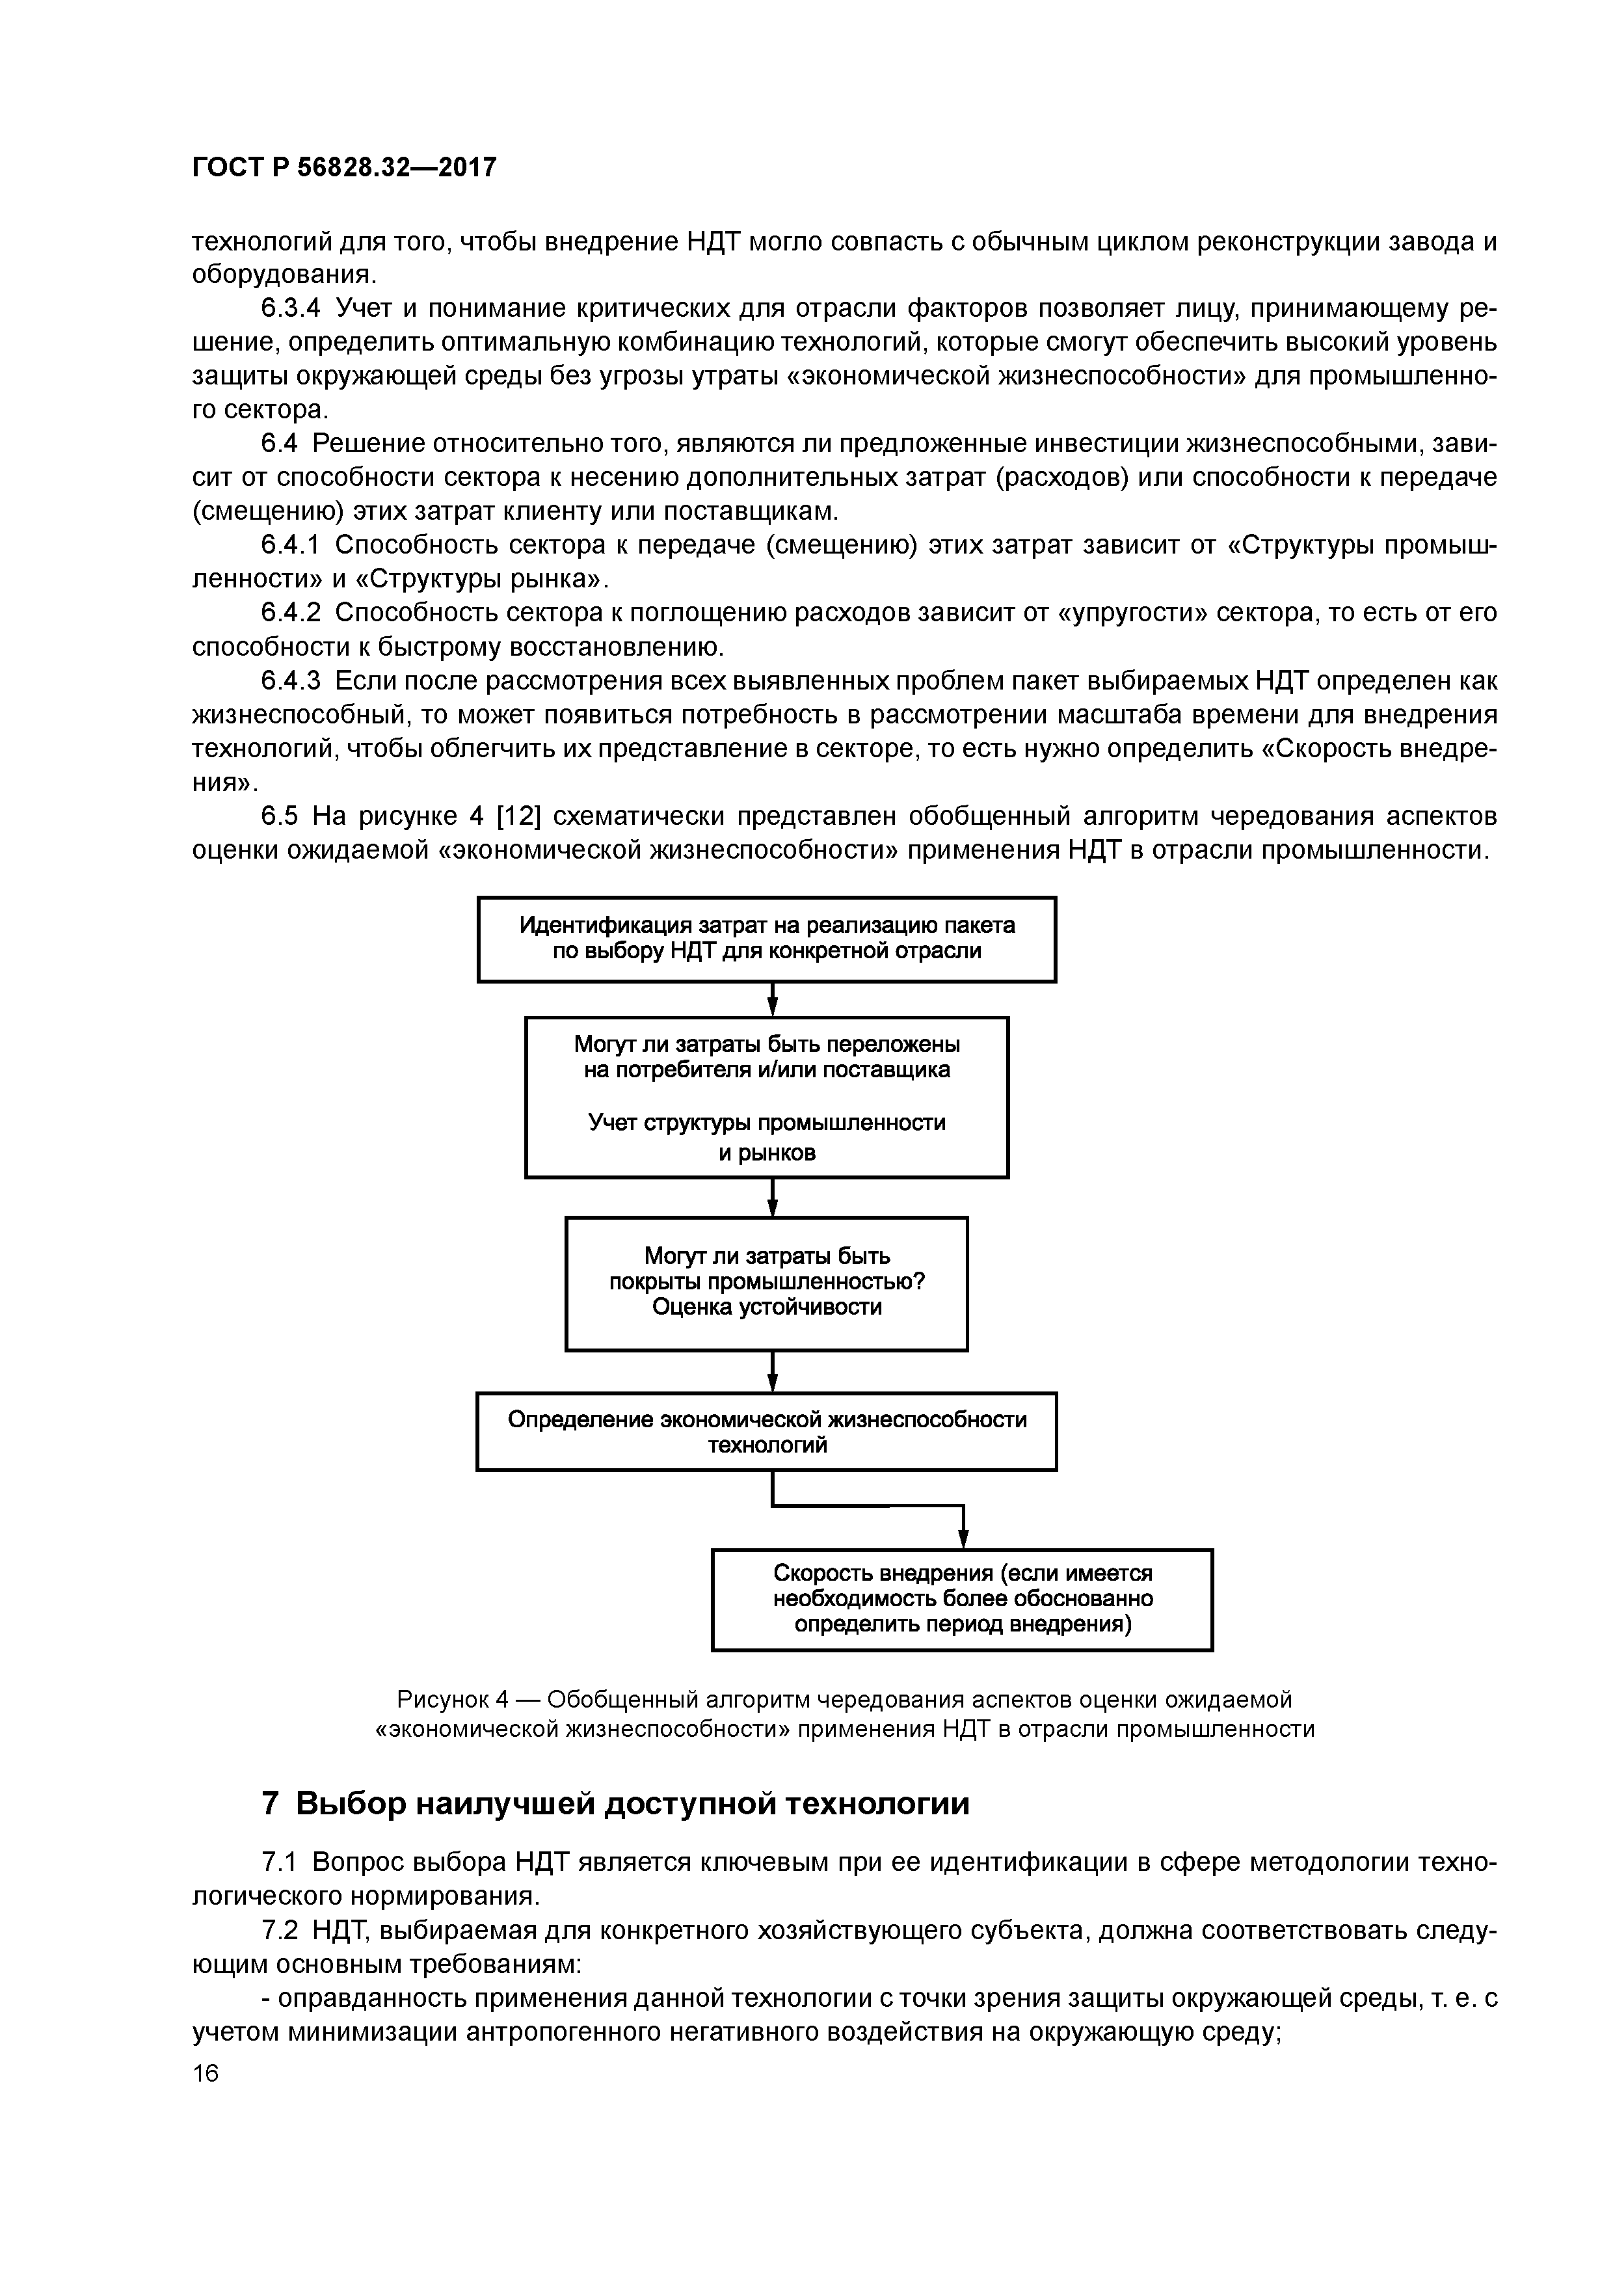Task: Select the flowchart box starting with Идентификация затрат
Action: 766,938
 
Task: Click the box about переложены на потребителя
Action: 766,1096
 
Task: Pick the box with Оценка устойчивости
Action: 766,1282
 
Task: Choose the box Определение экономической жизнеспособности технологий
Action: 766,1431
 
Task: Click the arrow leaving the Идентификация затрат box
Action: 772,1000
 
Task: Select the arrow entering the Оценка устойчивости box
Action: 772,1198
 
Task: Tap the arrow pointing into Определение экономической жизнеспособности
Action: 772,1371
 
